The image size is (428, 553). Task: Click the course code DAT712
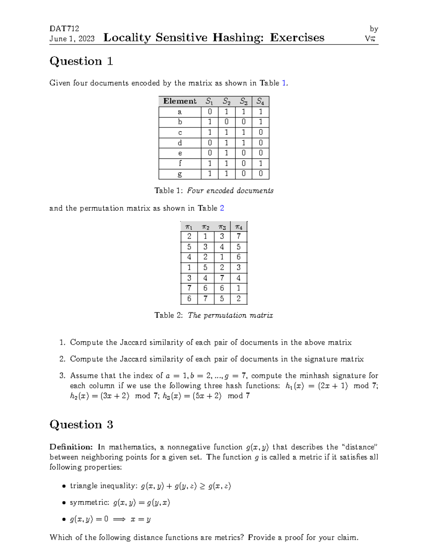(x=64, y=28)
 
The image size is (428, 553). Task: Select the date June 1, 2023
(x=72, y=39)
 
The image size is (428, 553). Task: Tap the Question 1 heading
(x=81, y=61)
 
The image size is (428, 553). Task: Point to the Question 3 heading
(x=81, y=424)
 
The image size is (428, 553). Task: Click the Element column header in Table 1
(x=180, y=101)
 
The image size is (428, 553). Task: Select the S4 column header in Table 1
(x=260, y=101)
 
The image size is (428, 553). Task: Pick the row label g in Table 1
(x=180, y=174)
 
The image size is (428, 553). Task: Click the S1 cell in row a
(x=210, y=112)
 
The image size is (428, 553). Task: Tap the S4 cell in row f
(x=260, y=163)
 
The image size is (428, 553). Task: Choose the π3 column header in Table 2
(x=222, y=227)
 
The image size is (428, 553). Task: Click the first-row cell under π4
(x=239, y=236)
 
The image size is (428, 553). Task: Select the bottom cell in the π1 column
(x=189, y=299)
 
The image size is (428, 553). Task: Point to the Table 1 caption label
(x=169, y=191)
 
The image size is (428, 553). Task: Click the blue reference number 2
(x=222, y=208)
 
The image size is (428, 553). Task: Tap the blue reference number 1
(x=284, y=83)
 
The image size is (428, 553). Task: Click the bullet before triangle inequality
(x=64, y=486)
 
